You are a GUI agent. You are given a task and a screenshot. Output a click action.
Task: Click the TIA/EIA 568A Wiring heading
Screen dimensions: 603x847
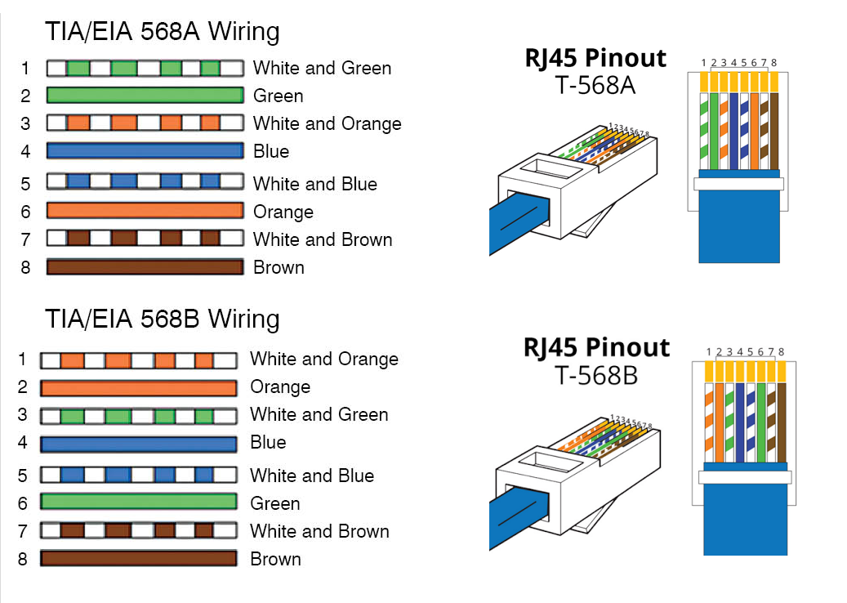point(162,32)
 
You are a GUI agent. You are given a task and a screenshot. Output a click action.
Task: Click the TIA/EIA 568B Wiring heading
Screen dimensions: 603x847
point(162,319)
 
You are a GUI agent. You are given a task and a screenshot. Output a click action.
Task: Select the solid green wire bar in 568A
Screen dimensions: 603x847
point(145,96)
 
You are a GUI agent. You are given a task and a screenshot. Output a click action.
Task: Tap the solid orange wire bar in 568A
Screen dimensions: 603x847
point(145,211)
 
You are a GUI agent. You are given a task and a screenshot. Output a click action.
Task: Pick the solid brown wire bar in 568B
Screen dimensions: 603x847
point(139,559)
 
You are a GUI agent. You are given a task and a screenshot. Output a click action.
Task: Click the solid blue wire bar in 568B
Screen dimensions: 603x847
point(139,444)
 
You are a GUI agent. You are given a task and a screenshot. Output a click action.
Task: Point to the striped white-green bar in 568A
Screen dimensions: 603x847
point(145,68)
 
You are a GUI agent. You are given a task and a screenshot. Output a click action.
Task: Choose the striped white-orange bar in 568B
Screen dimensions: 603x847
point(139,360)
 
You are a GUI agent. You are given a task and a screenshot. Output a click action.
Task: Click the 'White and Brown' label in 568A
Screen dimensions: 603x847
point(323,239)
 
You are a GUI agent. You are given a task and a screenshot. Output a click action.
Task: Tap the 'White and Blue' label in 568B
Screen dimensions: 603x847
point(312,476)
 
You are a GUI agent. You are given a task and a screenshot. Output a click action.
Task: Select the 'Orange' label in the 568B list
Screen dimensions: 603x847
point(280,386)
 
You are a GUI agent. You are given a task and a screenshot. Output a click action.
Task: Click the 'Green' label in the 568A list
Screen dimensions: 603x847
point(278,96)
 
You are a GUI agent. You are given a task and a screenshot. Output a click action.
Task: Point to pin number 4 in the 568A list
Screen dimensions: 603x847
point(25,151)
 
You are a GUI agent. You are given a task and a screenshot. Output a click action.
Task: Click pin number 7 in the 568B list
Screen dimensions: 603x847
point(22,531)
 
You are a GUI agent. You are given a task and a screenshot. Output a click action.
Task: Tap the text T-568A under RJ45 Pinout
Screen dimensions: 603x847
point(595,85)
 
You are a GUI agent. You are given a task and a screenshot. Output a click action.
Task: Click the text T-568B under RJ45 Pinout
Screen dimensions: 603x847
point(596,375)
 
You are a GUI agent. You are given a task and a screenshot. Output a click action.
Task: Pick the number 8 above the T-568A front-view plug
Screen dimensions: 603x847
point(773,62)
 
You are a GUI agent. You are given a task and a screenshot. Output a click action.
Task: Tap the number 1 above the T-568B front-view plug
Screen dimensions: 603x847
point(709,352)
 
